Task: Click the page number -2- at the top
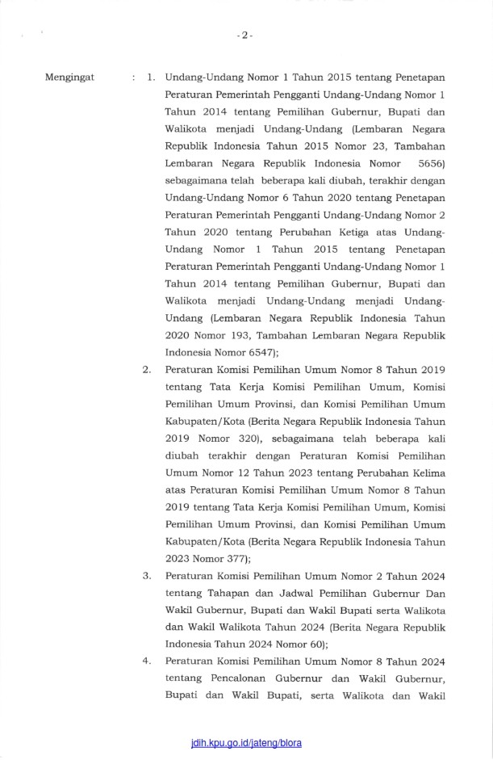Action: coord(246,36)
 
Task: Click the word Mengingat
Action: coord(72,78)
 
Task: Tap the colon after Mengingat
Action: coord(132,78)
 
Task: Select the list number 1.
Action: coord(151,78)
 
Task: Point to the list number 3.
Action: coord(147,576)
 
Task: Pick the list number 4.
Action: coord(147,661)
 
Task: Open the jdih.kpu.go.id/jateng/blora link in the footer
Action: coord(246,742)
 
